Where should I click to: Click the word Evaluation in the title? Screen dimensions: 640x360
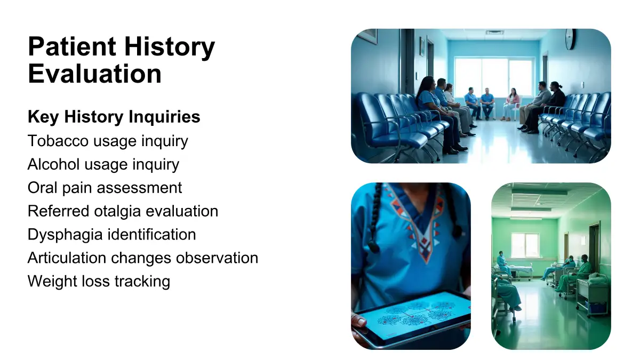tap(95, 74)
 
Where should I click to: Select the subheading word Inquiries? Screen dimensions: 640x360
tap(164, 117)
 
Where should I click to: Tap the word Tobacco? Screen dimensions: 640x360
tap(58, 141)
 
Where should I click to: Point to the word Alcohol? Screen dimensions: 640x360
tap(53, 164)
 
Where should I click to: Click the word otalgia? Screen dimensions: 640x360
tap(117, 211)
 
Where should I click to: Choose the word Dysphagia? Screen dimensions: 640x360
tap(65, 235)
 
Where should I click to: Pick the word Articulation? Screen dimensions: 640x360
tap(67, 258)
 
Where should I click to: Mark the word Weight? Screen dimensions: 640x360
tap(52, 281)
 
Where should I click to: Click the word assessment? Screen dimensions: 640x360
tap(139, 188)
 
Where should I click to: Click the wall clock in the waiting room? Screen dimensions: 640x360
tap(570, 39)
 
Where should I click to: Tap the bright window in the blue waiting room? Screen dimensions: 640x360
tap(494, 77)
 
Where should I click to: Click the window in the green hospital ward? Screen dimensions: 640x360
tap(525, 245)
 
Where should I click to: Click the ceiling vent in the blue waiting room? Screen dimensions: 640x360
tap(495, 33)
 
